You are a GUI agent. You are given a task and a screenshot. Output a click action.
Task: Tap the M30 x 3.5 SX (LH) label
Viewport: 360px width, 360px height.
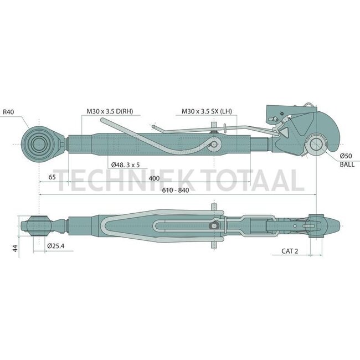click(x=206, y=111)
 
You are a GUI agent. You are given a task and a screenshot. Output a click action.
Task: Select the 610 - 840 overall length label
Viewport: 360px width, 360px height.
click(x=172, y=190)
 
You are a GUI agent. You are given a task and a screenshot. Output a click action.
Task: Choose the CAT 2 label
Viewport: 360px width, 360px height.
click(x=290, y=250)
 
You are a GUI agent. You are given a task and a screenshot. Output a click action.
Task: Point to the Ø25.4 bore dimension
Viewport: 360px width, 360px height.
click(x=59, y=245)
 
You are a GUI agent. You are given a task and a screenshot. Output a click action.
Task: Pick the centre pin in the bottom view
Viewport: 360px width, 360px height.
click(x=214, y=226)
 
